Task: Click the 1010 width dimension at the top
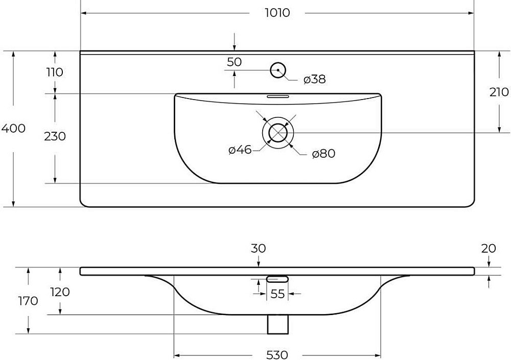point(277,13)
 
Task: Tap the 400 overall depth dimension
point(13,128)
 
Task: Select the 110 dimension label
point(54,72)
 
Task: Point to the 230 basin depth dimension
point(54,136)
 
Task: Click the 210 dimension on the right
point(499,92)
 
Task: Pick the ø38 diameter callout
point(314,80)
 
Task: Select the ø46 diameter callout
point(240,150)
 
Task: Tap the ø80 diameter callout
point(323,153)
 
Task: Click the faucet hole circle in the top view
point(278,70)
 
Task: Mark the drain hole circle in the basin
point(278,133)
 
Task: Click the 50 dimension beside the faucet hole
point(234,62)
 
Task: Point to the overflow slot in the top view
point(278,95)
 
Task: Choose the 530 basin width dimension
point(277,354)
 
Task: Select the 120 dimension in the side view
point(60,292)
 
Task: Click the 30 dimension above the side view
point(259,249)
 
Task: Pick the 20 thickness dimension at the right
point(489,249)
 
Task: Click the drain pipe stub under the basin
point(278,324)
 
